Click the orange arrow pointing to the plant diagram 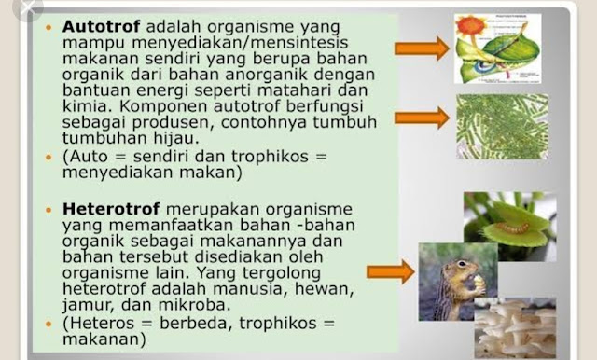point(422,48)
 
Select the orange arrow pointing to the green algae point(422,118)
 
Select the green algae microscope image point(503,127)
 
